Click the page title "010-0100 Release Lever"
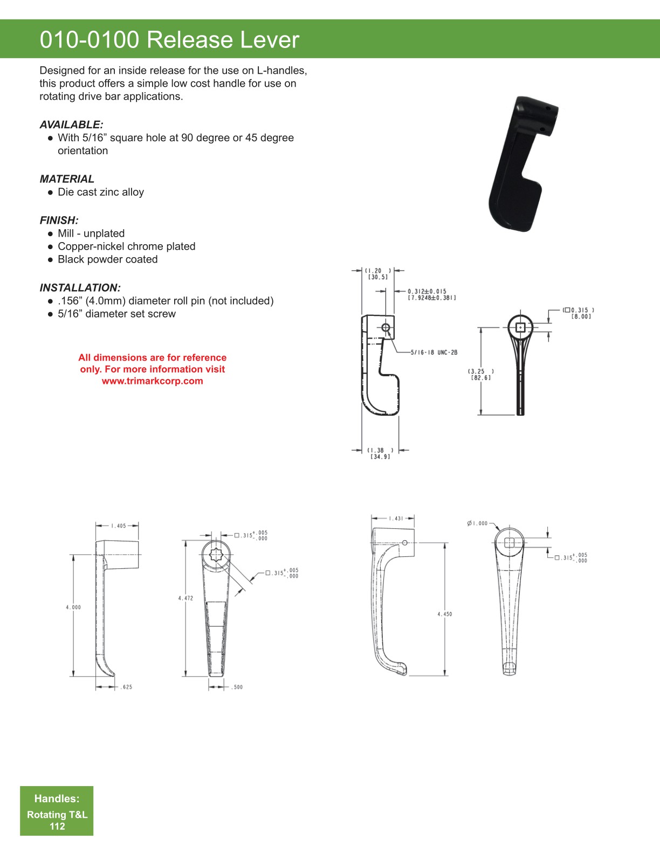[169, 40]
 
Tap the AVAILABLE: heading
[71, 125]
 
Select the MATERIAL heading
[67, 179]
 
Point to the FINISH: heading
[59, 220]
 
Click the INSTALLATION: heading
[80, 287]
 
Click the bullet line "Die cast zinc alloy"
[101, 192]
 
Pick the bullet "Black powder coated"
[108, 259]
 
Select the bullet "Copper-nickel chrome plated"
[127, 246]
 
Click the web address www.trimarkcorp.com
[153, 381]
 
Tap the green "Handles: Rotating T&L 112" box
[57, 811]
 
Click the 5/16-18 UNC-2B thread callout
[434, 353]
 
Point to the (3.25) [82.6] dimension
[480, 375]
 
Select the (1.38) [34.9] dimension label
[380, 453]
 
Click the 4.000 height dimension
[73, 607]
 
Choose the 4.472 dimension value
[185, 598]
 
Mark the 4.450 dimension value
[445, 614]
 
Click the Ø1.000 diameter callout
[477, 523]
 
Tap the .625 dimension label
[126, 687]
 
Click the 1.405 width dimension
[119, 526]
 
